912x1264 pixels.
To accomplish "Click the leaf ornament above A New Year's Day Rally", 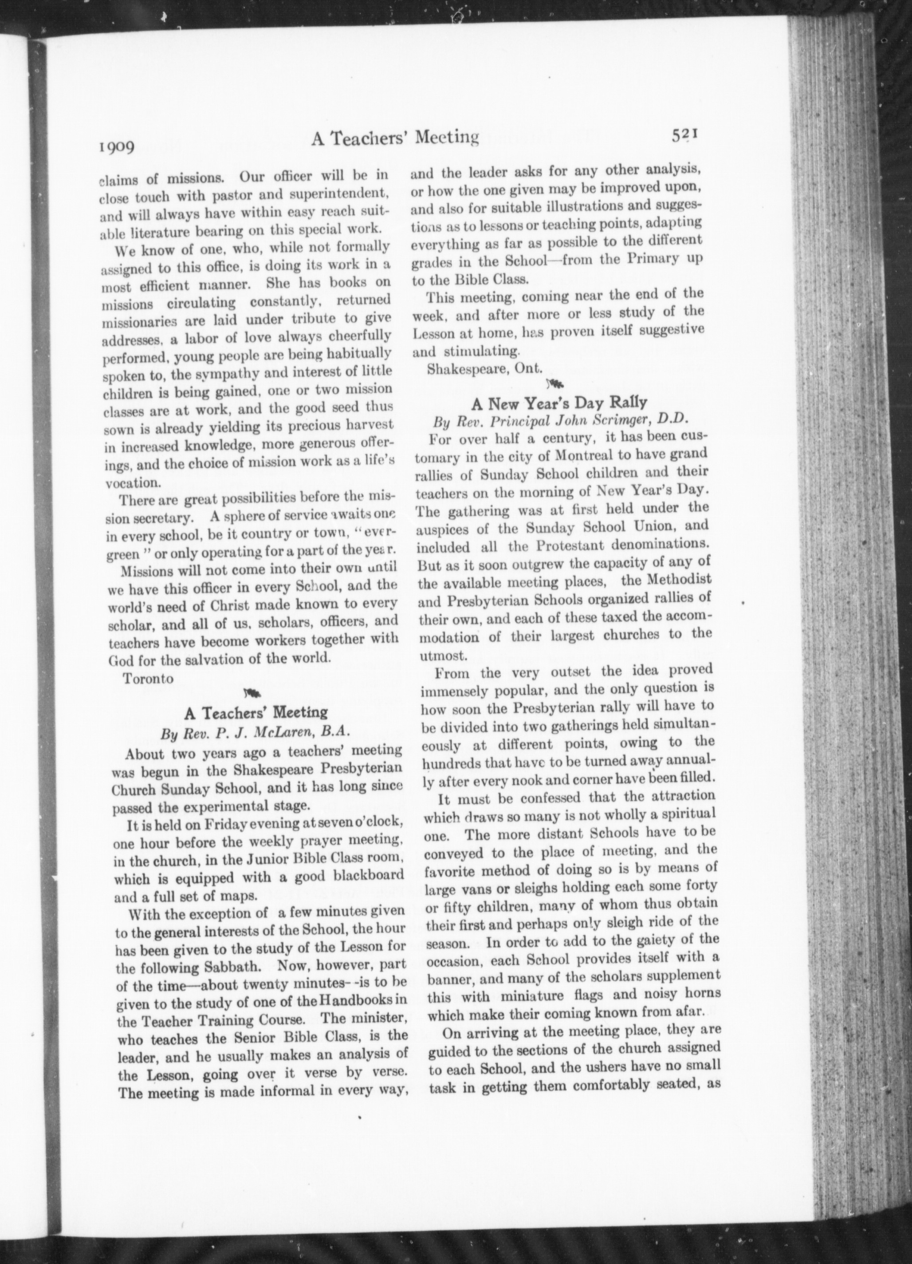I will pos(555,383).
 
